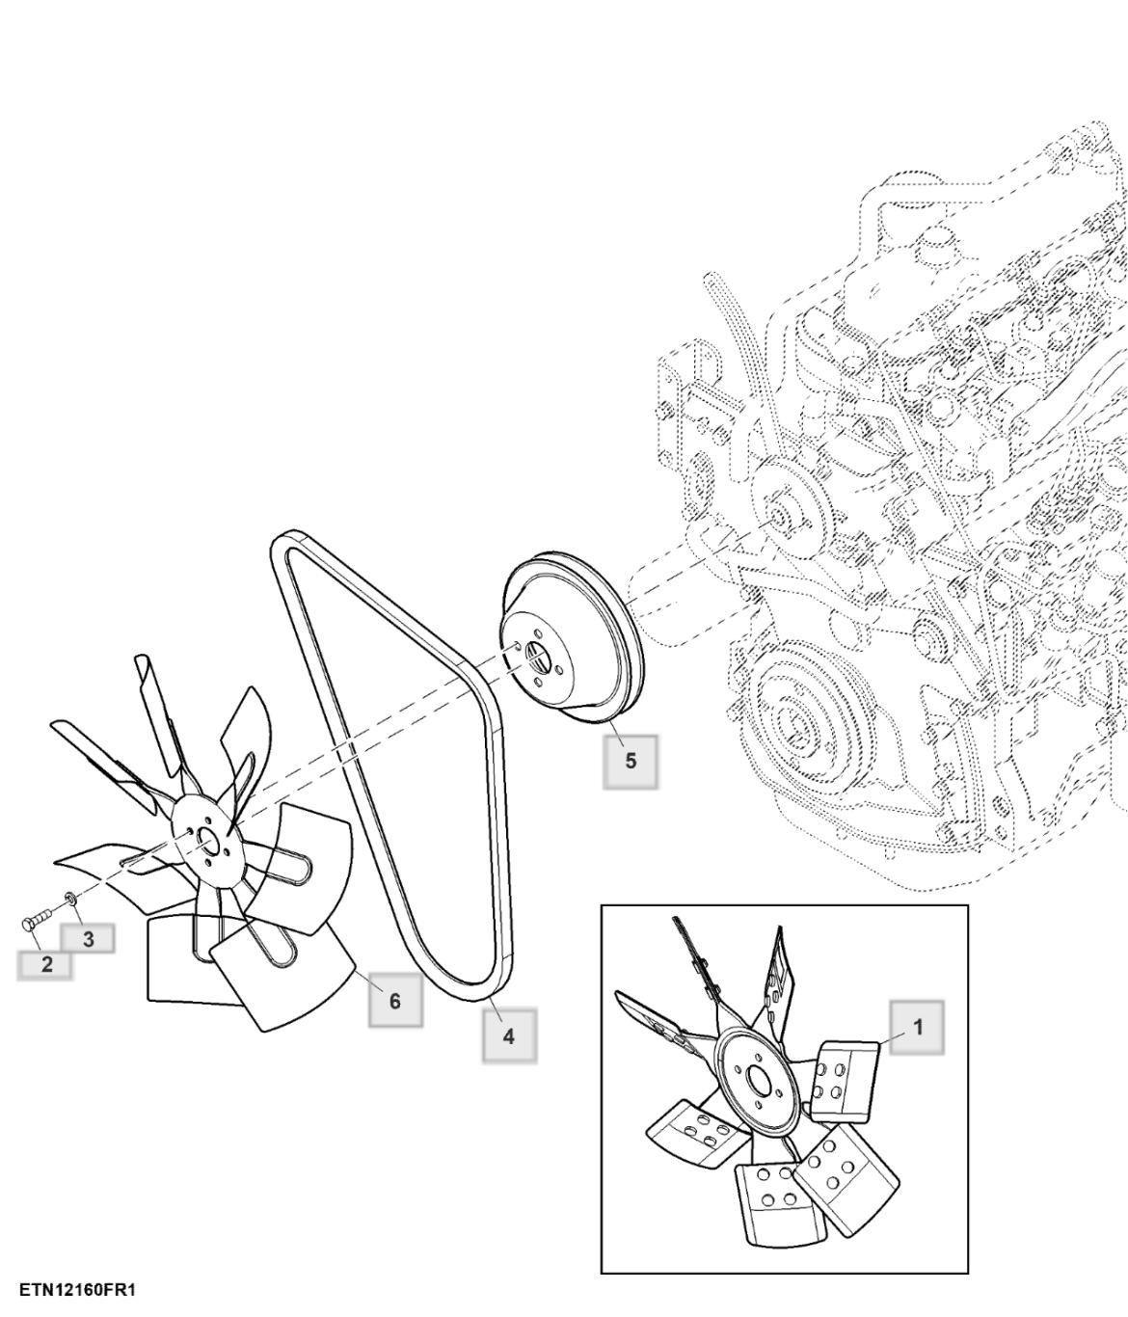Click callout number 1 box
click(917, 1027)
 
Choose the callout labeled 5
click(631, 762)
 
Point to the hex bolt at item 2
click(38, 921)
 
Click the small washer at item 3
click(70, 900)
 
